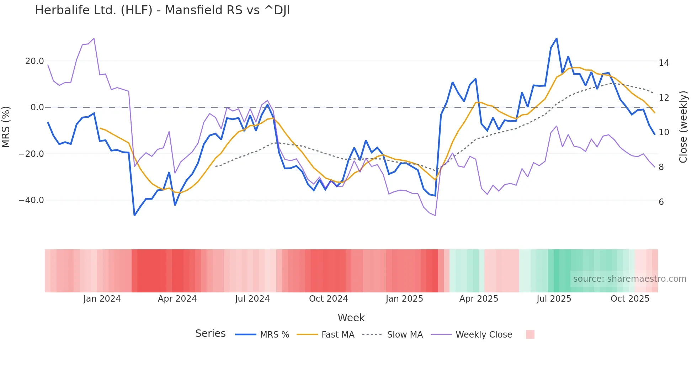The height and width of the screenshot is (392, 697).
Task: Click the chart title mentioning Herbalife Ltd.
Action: tap(162, 10)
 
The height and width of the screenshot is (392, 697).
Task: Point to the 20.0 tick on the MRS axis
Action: tap(34, 61)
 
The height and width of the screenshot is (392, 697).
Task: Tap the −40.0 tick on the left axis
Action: tap(31, 200)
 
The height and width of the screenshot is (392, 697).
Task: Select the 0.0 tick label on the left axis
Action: tap(37, 107)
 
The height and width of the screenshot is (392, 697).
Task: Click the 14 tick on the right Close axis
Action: tap(664, 63)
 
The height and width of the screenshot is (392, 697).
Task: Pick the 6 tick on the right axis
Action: tap(661, 202)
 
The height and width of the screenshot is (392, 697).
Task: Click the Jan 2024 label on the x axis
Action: tap(102, 299)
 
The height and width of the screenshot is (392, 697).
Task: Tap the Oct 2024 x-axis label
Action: tap(328, 299)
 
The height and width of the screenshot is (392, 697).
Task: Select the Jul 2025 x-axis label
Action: tap(554, 299)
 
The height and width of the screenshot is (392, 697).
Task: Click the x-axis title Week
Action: tap(351, 318)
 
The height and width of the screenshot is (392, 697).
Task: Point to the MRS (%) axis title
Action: tap(6, 127)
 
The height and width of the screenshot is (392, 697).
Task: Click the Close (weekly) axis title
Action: tap(683, 127)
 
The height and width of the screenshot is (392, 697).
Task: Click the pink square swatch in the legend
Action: tap(530, 334)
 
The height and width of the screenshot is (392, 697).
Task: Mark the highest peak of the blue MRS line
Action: tap(557, 38)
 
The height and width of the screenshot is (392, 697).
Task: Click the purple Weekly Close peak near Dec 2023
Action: tap(94, 38)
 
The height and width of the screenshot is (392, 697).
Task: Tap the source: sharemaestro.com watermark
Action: tap(629, 279)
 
